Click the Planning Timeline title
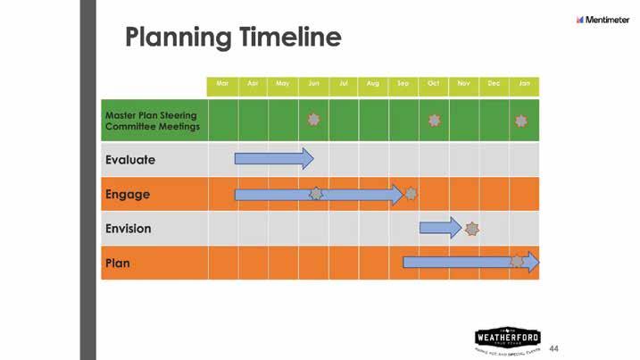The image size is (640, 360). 233,38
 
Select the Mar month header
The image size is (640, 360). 222,83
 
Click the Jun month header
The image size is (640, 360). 313,83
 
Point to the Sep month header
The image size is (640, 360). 403,83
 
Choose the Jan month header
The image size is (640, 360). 524,83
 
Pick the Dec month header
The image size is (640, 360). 494,83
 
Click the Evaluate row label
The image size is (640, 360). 130,160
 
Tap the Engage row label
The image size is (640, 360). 128,194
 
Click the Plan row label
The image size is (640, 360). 118,263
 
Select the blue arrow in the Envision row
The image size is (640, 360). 441,228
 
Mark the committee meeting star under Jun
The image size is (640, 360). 313,120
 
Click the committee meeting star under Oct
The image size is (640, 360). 434,120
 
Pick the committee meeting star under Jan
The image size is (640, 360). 521,120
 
